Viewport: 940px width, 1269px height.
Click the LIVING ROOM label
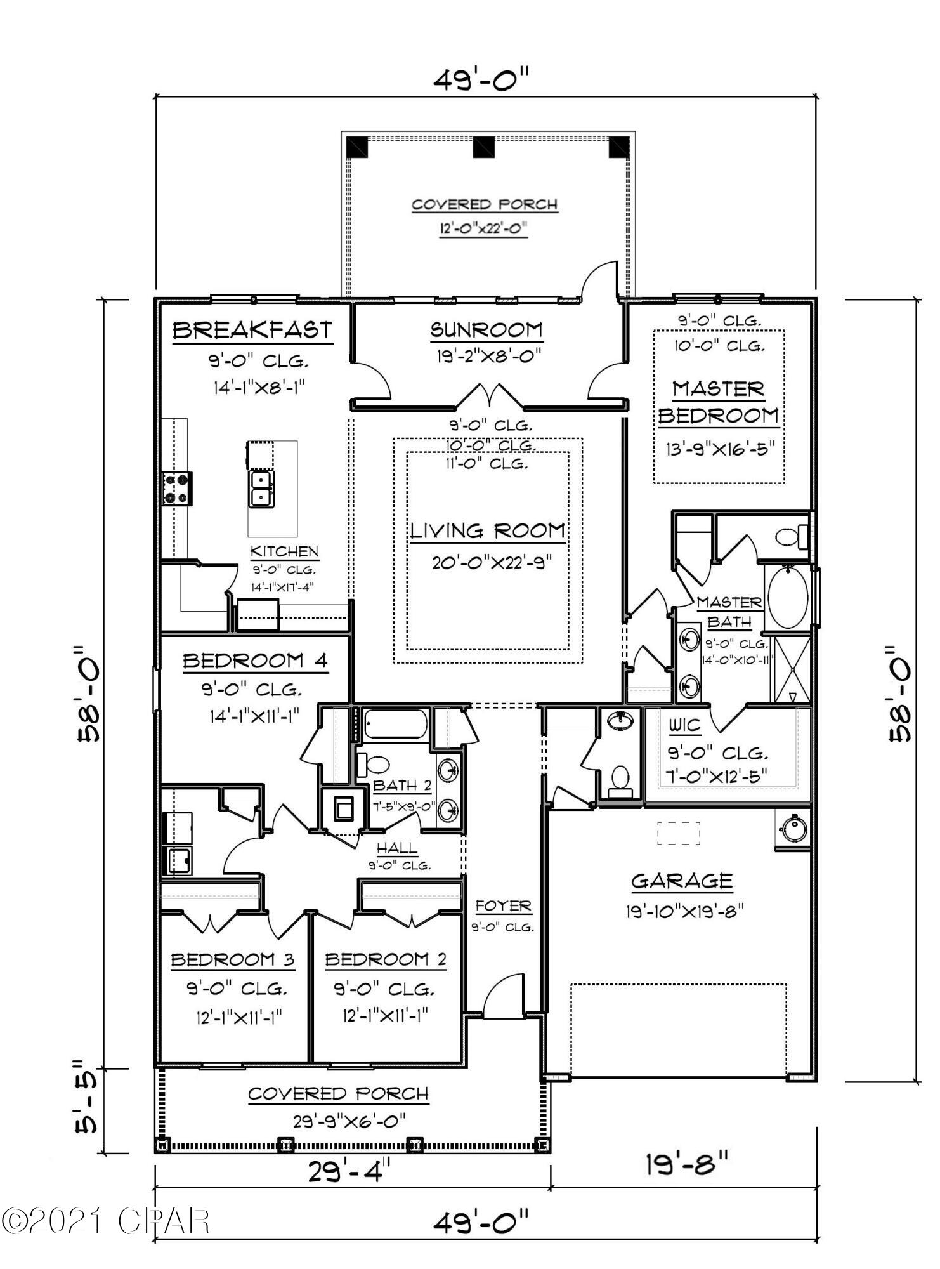pos(487,530)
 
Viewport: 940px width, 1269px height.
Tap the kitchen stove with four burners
pos(177,489)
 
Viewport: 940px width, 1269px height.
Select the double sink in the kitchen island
pos(261,489)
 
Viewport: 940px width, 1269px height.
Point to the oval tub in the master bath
pos(788,598)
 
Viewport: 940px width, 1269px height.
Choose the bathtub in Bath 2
pos(396,724)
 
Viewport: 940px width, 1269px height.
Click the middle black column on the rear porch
pos(484,147)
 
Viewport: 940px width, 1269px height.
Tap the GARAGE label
pos(682,881)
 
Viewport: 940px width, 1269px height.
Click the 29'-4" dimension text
pos(349,1171)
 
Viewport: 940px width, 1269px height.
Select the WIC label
pos(684,725)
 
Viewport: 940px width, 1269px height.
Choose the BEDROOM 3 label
pos(233,960)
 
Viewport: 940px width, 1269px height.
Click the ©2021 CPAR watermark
pos(105,1221)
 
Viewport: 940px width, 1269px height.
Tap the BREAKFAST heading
pos(252,331)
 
